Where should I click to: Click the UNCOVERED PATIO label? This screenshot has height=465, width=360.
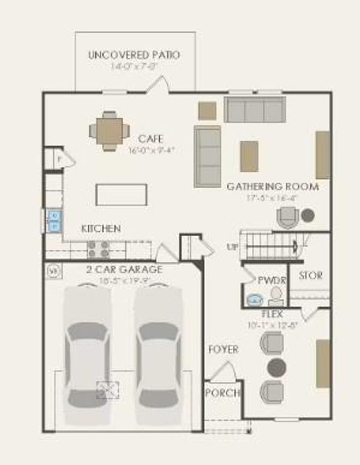(x=134, y=55)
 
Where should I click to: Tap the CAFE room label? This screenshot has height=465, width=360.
(x=150, y=139)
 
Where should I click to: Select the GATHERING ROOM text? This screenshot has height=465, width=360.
(x=272, y=186)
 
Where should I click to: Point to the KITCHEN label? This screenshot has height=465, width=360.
(x=101, y=229)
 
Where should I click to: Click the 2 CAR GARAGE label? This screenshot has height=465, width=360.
(x=123, y=269)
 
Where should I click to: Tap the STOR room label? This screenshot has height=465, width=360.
(x=310, y=275)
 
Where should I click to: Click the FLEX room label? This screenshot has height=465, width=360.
(x=272, y=314)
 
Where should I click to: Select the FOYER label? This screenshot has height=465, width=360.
(x=223, y=349)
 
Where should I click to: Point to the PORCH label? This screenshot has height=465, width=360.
(x=223, y=393)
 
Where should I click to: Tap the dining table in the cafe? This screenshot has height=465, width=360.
(x=110, y=131)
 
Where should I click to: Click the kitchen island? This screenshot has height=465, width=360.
(x=121, y=194)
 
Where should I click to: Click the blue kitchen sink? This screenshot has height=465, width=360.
(x=54, y=222)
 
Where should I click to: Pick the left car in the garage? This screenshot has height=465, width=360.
(x=88, y=355)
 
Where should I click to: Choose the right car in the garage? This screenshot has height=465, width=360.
(x=159, y=355)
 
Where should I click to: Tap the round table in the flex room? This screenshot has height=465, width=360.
(x=277, y=367)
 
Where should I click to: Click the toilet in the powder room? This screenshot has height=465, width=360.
(x=276, y=297)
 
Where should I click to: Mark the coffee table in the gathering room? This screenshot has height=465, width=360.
(x=249, y=156)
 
